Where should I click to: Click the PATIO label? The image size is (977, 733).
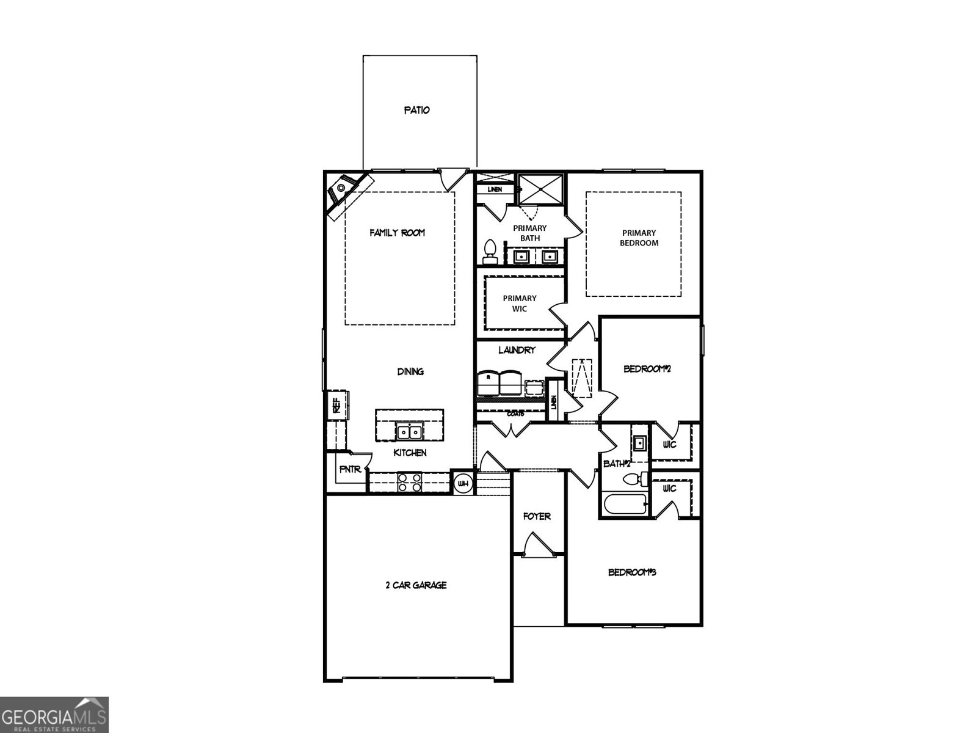pos(417,111)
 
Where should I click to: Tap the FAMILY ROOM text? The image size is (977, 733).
pos(397,233)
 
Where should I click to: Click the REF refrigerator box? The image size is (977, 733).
pos(337,404)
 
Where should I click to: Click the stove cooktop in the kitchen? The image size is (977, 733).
pos(409,483)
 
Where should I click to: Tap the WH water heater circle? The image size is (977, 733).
pos(463,484)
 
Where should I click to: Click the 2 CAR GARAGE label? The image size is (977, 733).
pos(416,585)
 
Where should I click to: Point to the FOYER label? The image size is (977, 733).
pos(537,517)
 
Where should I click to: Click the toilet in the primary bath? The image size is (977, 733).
pos(490,251)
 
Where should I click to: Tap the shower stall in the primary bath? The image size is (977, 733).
pos(540,189)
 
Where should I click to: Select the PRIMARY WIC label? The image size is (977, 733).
pos(520,304)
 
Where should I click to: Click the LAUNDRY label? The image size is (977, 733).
pos(517,350)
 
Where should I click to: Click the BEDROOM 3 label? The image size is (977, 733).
pos(631,573)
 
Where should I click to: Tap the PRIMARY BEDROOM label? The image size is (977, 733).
pos(639,238)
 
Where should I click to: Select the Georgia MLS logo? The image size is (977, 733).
pos(54,714)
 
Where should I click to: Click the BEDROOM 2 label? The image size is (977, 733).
pos(647,369)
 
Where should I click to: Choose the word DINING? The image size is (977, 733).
pos(410,371)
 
